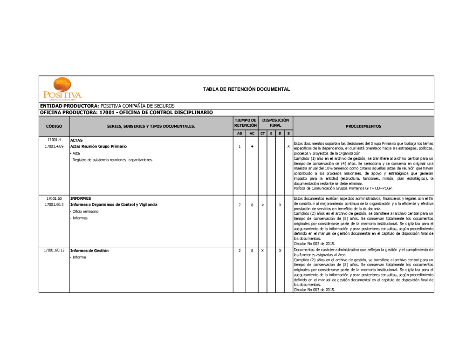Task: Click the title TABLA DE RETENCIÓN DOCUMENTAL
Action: click(x=247, y=89)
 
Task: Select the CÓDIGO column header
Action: click(x=54, y=126)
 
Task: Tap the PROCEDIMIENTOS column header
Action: click(x=363, y=126)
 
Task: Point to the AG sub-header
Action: click(x=240, y=134)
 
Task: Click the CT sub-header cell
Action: click(x=262, y=134)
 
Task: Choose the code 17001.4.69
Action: click(x=54, y=147)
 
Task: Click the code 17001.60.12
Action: click(x=54, y=251)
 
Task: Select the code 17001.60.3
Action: click(x=54, y=204)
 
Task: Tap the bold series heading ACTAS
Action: click(x=76, y=140)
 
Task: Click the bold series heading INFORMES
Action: click(x=81, y=198)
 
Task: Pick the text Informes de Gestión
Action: click(x=89, y=251)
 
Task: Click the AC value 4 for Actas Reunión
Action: click(x=252, y=147)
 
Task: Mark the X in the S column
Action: click(x=288, y=147)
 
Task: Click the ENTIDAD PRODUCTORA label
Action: click(x=69, y=106)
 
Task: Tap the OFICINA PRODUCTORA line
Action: click(x=126, y=113)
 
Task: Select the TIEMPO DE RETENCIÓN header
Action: click(x=246, y=123)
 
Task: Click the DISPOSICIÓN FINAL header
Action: click(x=275, y=123)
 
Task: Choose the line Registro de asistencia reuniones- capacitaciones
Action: click(x=112, y=160)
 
